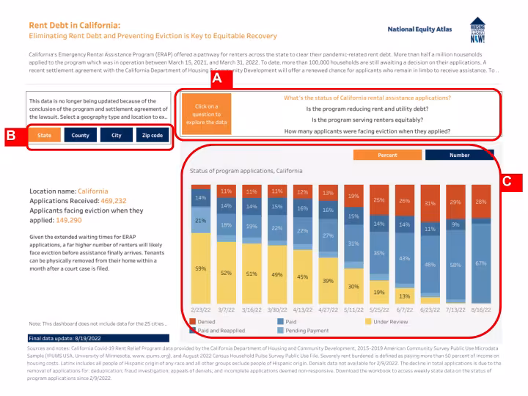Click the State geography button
(x=44, y=136)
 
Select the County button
(x=80, y=136)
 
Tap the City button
(x=116, y=136)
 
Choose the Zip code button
(x=152, y=136)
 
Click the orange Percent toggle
(x=387, y=155)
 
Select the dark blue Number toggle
(x=459, y=155)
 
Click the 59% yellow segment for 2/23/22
(x=201, y=268)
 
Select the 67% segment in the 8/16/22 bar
(x=482, y=263)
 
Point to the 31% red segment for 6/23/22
(x=430, y=203)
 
